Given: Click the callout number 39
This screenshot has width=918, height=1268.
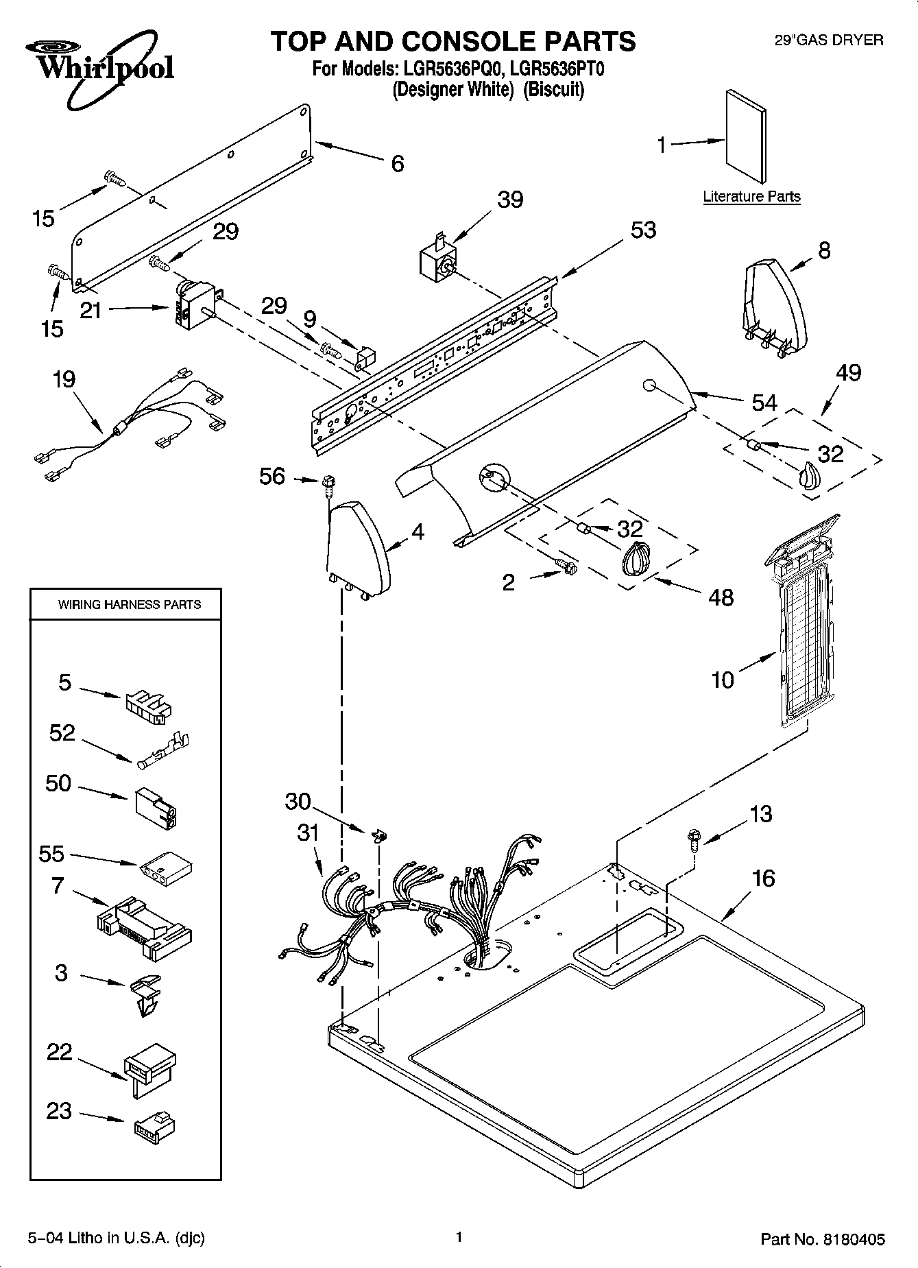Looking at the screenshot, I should pyautogui.click(x=510, y=200).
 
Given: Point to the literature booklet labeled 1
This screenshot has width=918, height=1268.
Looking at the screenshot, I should pyautogui.click(x=745, y=138).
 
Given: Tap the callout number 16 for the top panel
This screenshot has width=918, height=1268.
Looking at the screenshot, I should pyautogui.click(x=763, y=878).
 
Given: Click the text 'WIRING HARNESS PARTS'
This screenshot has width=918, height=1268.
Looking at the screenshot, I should pyautogui.click(x=130, y=605).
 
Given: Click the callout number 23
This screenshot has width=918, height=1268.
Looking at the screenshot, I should pyautogui.click(x=60, y=1112).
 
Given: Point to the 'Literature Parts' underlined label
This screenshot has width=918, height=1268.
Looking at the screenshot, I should pyautogui.click(x=751, y=197).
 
